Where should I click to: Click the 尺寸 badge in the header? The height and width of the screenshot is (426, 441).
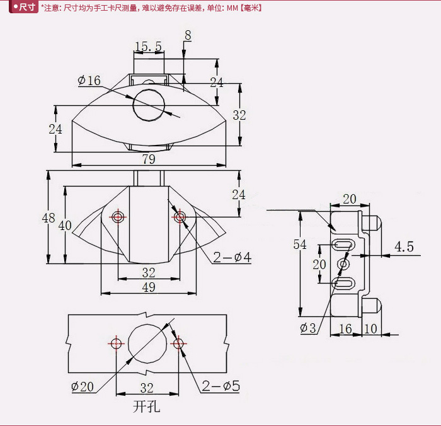[23, 7]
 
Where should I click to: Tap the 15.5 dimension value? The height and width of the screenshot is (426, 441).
[149, 47]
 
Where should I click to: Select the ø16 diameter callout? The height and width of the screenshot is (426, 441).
[89, 81]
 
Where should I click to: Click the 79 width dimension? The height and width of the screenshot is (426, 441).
[149, 159]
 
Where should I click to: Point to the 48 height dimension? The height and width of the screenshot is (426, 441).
[49, 218]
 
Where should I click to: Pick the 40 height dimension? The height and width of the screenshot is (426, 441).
[65, 226]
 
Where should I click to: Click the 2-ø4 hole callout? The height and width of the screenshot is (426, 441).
[232, 257]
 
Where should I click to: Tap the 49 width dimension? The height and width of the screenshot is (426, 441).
[149, 287]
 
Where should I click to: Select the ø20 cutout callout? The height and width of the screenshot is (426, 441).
[83, 386]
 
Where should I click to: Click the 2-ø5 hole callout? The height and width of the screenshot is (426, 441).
[221, 386]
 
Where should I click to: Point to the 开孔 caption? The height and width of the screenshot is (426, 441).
[147, 407]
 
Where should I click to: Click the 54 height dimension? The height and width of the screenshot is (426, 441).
[300, 245]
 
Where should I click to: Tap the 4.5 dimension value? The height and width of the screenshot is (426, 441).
[404, 247]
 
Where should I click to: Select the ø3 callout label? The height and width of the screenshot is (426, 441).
[308, 328]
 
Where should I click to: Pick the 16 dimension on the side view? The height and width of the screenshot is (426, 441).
[345, 329]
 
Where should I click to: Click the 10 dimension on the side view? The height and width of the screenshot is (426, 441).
[370, 329]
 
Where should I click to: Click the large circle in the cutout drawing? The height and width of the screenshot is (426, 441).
[147, 343]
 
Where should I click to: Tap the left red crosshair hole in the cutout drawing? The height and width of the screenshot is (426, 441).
[116, 343]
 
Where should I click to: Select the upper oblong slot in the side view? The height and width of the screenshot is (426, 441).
[342, 244]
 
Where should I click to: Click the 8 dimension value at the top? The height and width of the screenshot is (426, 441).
[188, 35]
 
